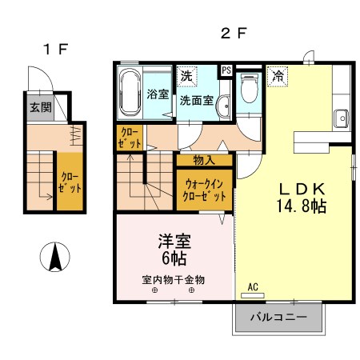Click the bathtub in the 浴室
[130, 91]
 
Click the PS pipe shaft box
[226, 70]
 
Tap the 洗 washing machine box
[186, 76]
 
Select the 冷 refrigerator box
[278, 76]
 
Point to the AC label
[253, 286]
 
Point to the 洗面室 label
[194, 102]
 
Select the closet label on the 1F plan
[66, 187]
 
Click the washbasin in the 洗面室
[222, 104]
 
